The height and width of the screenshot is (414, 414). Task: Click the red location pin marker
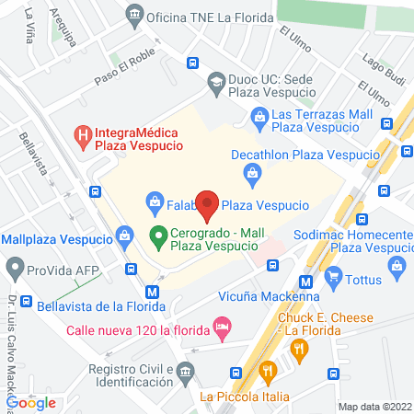coord(208,205)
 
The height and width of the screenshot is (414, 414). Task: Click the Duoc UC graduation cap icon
coord(216,80)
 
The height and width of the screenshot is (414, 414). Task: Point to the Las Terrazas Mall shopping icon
coord(259,115)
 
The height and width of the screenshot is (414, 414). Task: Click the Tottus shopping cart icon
coord(334,274)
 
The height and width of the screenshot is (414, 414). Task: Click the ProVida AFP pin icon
coord(14,270)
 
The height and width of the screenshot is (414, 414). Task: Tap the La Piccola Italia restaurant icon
coord(269,372)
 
